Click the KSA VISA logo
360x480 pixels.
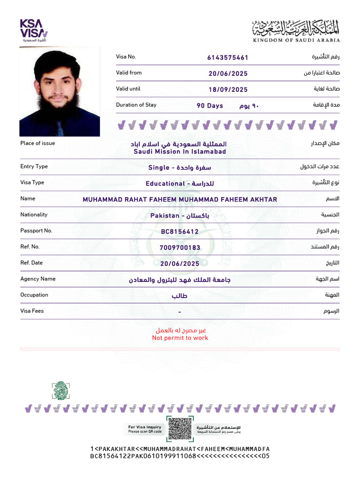pos(33,30)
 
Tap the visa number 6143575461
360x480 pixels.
pos(228,58)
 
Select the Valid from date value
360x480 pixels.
pos(228,74)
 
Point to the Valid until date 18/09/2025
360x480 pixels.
pos(228,90)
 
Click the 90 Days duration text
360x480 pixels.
pos(210,106)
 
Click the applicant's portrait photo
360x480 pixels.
pos(60,92)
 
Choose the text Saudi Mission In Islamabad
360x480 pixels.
pos(180,152)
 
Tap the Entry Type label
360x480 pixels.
pos(34,166)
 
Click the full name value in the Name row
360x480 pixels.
pos(180,200)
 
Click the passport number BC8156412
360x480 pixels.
pos(180,232)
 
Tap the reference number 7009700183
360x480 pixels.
pos(180,247)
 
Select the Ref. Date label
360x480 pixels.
pos(31,263)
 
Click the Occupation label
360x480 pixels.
pos(34,295)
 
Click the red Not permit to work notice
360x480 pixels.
pos(180,338)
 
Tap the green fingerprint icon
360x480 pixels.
pos(60,390)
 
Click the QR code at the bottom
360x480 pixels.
pos(180,428)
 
